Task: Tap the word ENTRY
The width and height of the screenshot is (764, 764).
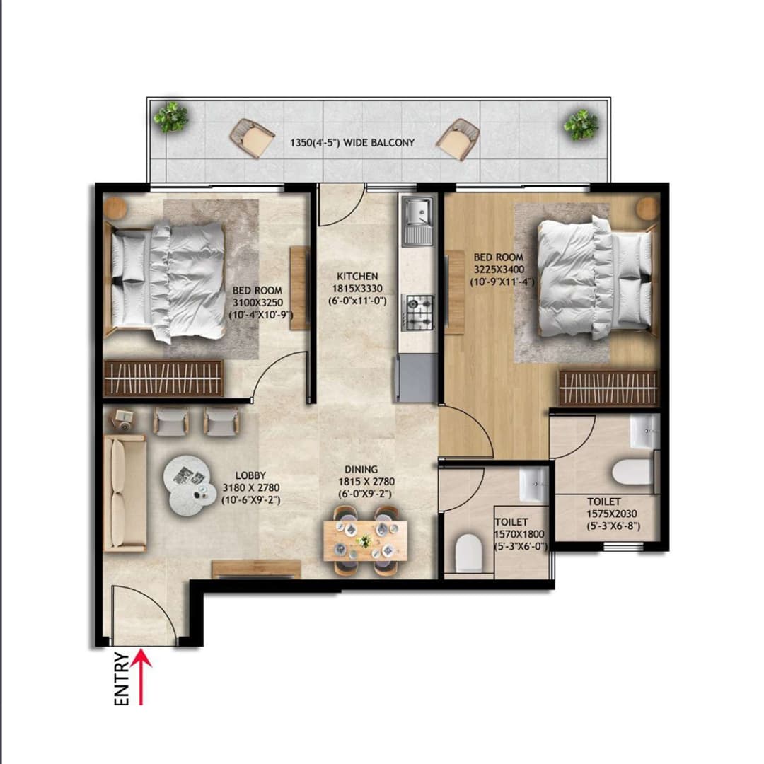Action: click(x=122, y=679)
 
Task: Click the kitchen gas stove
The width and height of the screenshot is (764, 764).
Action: click(x=418, y=312)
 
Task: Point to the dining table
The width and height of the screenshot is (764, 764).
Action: click(x=365, y=540)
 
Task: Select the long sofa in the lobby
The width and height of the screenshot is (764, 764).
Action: click(x=125, y=493)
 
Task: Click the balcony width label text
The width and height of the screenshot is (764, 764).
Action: click(x=352, y=142)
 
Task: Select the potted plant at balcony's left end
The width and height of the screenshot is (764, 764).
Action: click(x=171, y=117)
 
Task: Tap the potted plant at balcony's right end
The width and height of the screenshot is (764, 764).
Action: click(x=581, y=125)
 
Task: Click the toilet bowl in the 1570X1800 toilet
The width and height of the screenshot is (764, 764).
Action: click(x=468, y=552)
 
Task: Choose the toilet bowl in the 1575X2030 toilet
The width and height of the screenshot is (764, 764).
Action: click(x=632, y=472)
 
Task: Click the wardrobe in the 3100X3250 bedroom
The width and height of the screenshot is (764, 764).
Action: click(x=163, y=378)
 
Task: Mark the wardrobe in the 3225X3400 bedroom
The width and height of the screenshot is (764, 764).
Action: click(x=608, y=388)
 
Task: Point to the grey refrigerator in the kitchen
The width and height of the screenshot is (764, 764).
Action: click(x=417, y=378)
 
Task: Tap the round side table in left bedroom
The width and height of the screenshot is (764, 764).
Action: click(x=115, y=208)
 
